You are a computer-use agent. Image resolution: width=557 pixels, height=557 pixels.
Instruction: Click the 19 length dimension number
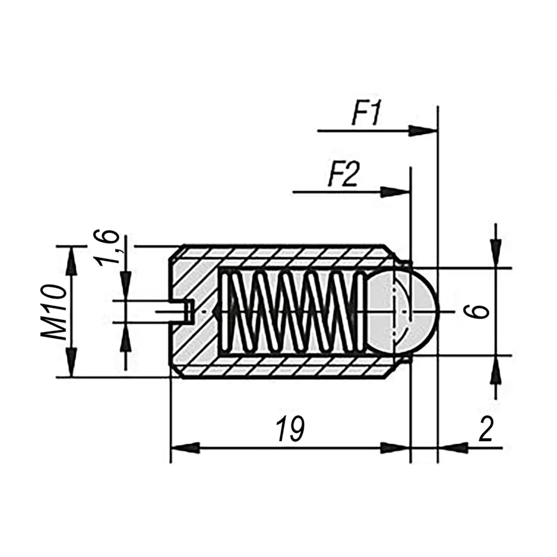point(290,430)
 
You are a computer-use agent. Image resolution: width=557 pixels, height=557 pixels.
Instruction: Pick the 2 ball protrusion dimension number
point(486,429)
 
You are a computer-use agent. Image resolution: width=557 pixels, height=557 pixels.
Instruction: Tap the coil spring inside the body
point(290,311)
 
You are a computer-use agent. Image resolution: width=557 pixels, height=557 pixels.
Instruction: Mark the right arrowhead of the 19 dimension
point(396,447)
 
